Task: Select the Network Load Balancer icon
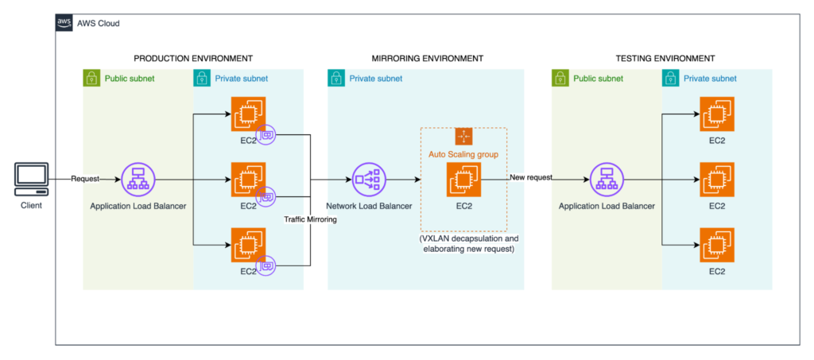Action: pyautogui.click(x=368, y=180)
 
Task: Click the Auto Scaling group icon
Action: pyautogui.click(x=463, y=136)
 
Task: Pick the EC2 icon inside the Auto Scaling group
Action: pyautogui.click(x=463, y=180)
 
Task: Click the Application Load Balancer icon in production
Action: pyautogui.click(x=138, y=180)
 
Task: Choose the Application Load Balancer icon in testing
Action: pyautogui.click(x=607, y=180)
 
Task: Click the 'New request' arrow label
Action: pyautogui.click(x=531, y=177)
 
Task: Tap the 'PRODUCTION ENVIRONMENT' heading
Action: pyautogui.click(x=193, y=59)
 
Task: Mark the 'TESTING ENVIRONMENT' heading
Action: pyautogui.click(x=665, y=59)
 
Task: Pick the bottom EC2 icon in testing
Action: pyautogui.click(x=716, y=244)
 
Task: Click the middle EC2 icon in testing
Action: pyautogui.click(x=716, y=179)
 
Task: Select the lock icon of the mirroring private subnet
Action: pyautogui.click(x=338, y=79)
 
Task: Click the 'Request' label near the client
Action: pyautogui.click(x=85, y=178)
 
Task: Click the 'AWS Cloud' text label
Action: pyautogui.click(x=99, y=23)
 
